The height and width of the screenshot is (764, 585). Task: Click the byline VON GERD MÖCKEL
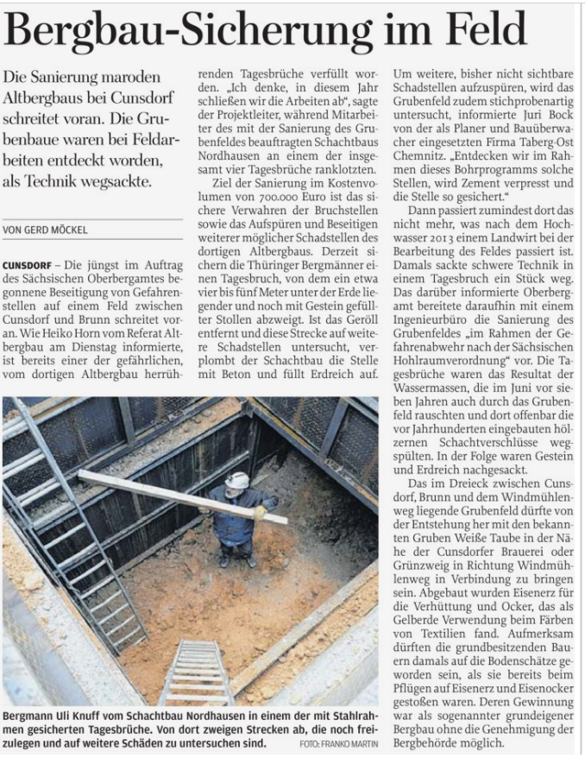click(47, 230)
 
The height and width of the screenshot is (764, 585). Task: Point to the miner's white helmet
click(237, 480)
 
